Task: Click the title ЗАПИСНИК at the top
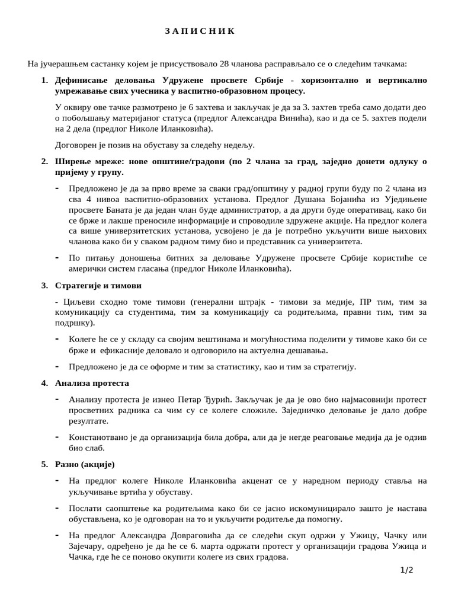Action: pos(200,31)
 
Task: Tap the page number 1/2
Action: pos(406,570)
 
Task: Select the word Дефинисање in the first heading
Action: pos(81,79)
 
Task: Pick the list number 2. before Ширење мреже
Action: pos(45,161)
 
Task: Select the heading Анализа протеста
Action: pos(91,383)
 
